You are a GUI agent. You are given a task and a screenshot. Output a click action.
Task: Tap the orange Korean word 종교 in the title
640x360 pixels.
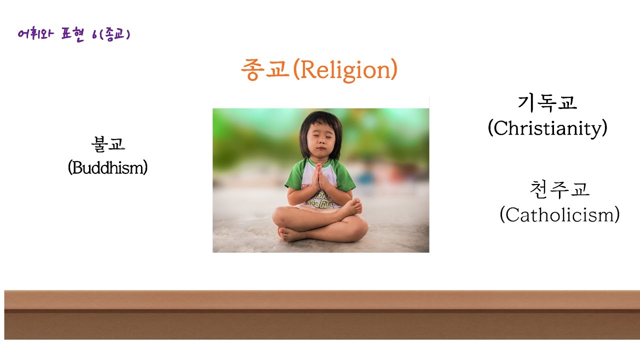pos(265,70)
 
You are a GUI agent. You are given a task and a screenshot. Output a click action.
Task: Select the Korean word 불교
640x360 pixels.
pos(107,144)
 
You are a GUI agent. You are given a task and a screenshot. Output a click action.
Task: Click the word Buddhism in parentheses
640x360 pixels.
pos(107,168)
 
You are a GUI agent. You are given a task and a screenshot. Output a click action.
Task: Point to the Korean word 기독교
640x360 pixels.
pos(547,103)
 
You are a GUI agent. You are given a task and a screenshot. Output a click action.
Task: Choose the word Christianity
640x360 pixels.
pos(547,128)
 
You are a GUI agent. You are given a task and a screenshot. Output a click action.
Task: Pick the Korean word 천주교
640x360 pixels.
pos(559,190)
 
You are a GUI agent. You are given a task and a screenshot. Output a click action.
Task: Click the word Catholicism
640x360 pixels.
pos(559,215)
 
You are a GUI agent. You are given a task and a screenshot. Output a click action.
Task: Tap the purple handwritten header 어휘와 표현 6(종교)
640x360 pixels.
pos(73,35)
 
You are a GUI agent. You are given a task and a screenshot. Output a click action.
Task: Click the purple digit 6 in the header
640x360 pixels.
pos(95,35)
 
